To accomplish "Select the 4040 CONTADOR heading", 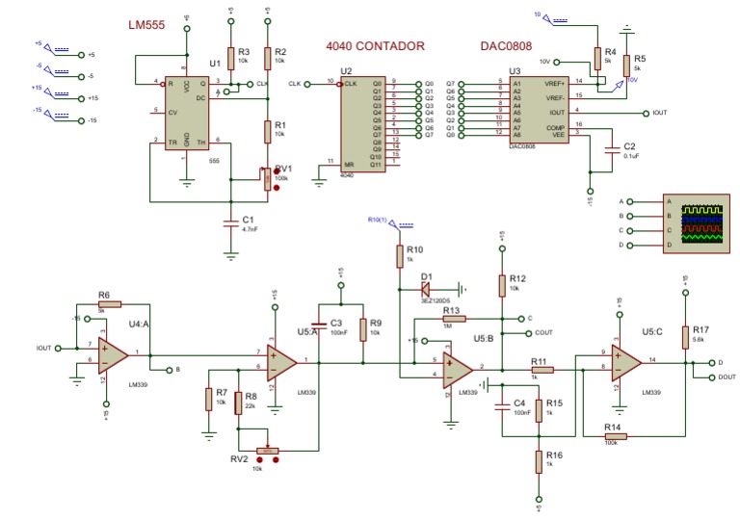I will pyautogui.click(x=375, y=45).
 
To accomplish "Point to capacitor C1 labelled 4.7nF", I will pyautogui.click(x=229, y=223).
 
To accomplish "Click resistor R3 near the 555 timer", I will pyautogui.click(x=230, y=57).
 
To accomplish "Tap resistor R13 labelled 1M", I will pyautogui.click(x=454, y=318).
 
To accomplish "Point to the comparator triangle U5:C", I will pyautogui.click(x=627, y=362).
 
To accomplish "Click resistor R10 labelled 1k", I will pyautogui.click(x=398, y=256).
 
